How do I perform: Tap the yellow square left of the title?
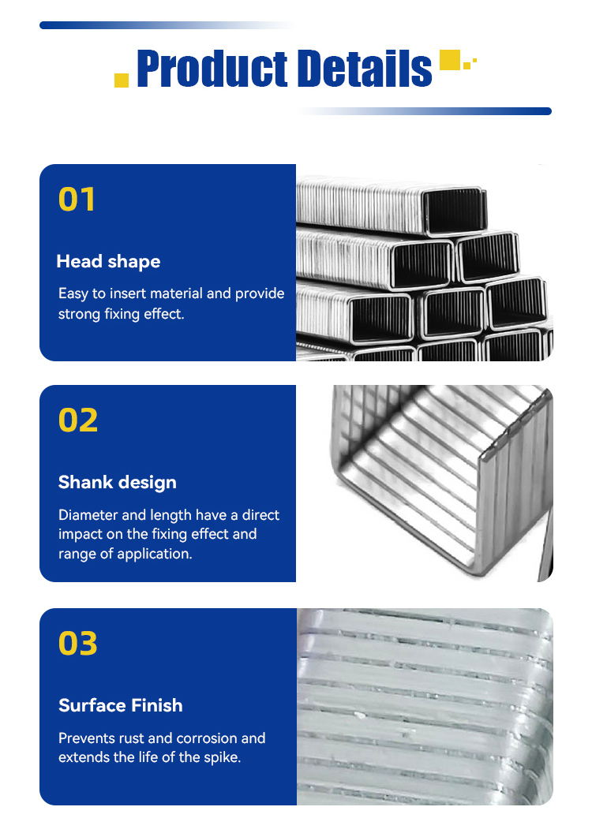point(122,80)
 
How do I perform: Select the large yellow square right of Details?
point(450,59)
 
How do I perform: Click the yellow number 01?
point(77,200)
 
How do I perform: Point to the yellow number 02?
point(78,420)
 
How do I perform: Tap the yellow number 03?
point(78,643)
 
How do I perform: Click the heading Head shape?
point(108,261)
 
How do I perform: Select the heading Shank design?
point(118,483)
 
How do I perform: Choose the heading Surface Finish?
point(121,705)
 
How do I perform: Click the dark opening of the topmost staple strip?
point(455,211)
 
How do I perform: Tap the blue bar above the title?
point(167,25)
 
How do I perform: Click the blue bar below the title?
point(425,111)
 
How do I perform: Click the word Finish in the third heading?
point(157,705)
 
